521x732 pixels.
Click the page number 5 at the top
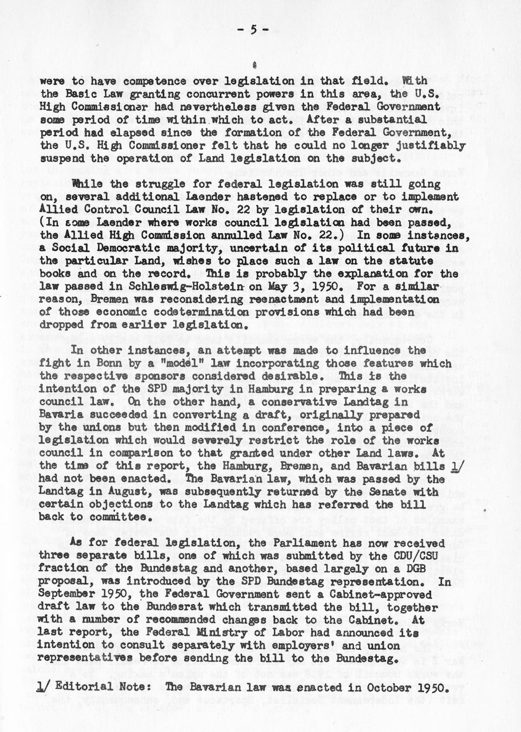253,30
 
